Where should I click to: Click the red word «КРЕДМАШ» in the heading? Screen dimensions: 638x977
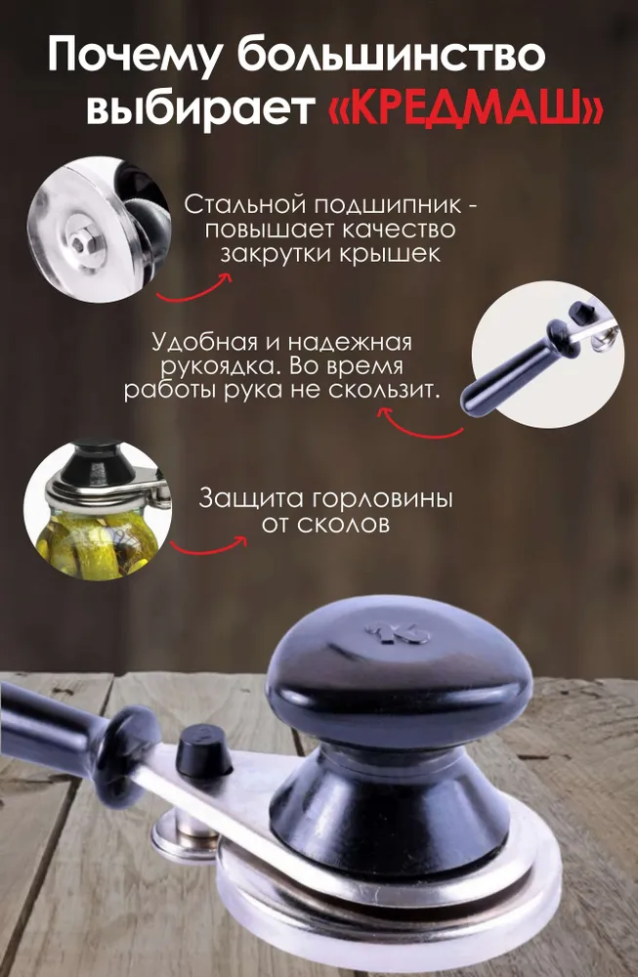pos(465,109)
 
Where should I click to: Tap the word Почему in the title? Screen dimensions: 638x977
pos(134,55)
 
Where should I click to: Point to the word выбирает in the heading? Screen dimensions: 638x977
pos(199,108)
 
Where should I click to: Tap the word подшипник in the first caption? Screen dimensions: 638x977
pos(387,205)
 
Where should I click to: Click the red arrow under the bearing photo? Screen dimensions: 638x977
pos(193,288)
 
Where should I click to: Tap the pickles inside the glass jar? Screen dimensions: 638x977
pos(96,540)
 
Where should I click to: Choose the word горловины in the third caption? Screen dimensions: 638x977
pos(381,499)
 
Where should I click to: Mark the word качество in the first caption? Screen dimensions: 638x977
pos(399,230)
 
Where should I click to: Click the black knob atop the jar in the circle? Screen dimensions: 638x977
pos(98,462)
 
